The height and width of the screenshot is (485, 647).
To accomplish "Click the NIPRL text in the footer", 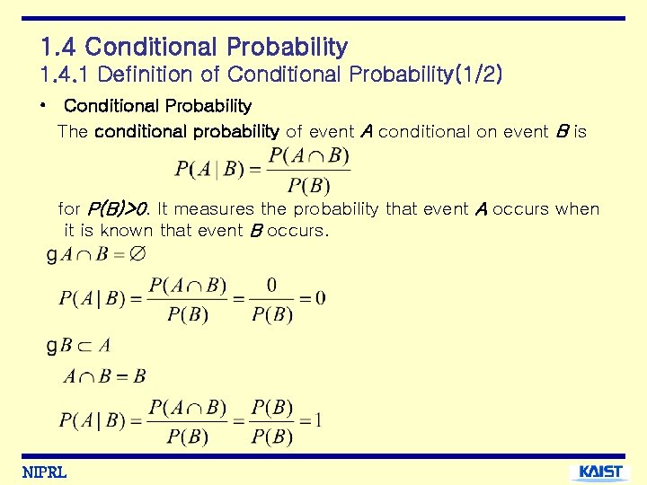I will click(44, 472).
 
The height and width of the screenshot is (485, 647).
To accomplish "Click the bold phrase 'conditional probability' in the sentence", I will click(186, 131).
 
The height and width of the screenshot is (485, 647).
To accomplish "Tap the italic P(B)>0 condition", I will click(117, 209).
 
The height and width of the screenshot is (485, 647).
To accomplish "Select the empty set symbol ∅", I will click(137, 254).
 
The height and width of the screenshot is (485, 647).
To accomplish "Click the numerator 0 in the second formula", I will click(271, 286).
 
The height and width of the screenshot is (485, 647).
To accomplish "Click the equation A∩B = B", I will click(104, 376).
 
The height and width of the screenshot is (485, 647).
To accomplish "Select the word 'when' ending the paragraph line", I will click(577, 209).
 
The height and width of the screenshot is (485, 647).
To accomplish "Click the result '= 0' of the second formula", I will click(312, 297).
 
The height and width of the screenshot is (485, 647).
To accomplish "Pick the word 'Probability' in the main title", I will click(287, 47).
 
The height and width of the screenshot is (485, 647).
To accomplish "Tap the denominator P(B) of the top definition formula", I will click(308, 186).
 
